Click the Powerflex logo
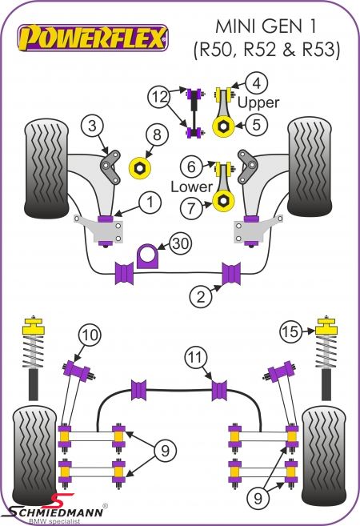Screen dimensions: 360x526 [93, 38]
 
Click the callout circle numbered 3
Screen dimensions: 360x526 [92, 126]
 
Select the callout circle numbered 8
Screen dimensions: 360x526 [157, 135]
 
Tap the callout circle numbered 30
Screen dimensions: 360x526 [181, 243]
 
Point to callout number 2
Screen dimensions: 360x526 [201, 296]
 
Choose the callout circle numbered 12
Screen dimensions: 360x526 [159, 97]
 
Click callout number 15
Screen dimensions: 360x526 [290, 331]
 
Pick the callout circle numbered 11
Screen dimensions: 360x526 [196, 358]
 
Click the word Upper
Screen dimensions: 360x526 [258, 102]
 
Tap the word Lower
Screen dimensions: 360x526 [191, 187]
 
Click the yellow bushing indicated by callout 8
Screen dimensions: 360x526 [140, 168]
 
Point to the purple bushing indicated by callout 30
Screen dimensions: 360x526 [147, 256]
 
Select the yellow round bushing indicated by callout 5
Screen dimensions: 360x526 [224, 126]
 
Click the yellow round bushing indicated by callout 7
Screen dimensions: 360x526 [223, 201]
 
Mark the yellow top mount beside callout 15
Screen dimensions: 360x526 [327, 325]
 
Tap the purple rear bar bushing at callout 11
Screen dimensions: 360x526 [219, 390]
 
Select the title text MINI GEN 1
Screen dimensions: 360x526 [266, 26]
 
